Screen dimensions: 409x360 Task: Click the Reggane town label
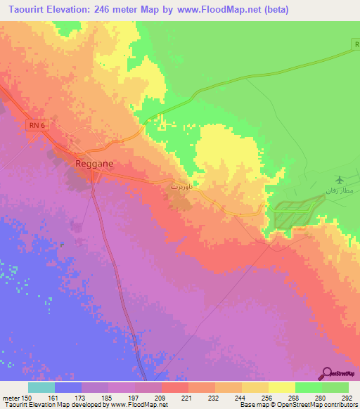[94, 162]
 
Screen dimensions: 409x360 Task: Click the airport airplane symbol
[341, 180]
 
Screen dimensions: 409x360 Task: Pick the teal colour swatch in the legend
[41, 387]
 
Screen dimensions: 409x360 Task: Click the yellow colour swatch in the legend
[282, 387]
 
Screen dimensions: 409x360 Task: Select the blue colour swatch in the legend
[68, 387]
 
